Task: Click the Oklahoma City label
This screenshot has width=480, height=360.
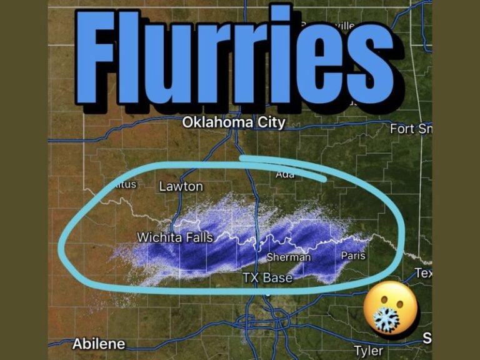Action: point(233,122)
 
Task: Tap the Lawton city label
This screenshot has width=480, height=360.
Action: point(181,186)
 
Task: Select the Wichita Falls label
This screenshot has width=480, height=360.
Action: point(174,237)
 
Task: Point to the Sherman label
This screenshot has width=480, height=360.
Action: point(288,257)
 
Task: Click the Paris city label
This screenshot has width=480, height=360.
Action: point(353,256)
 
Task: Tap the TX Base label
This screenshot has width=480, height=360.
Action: point(267,277)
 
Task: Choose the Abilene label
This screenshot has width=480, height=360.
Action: point(99,344)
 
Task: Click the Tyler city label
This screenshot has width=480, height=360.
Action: point(368,351)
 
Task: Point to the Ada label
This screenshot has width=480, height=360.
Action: point(285,175)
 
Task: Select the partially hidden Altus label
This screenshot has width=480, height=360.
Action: point(124,184)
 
